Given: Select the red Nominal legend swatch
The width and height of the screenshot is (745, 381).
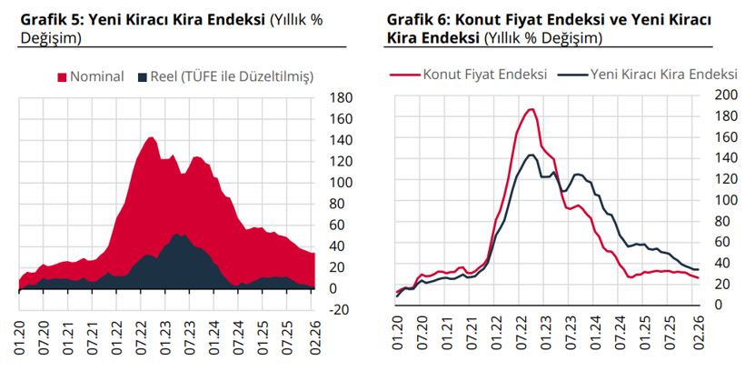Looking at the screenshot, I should (x=62, y=76).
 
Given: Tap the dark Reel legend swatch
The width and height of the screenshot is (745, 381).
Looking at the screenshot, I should (x=144, y=76).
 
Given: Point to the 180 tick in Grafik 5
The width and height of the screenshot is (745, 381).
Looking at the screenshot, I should (x=340, y=98).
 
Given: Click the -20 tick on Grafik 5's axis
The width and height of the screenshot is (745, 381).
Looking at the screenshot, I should (x=338, y=309).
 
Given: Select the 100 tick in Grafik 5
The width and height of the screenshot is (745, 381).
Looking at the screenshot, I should (x=340, y=183).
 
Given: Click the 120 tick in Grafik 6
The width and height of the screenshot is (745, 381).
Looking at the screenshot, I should (x=705, y=178).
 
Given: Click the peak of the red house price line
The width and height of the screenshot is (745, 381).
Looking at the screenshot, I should (x=531, y=109).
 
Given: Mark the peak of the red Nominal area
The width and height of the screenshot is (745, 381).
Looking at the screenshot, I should (x=151, y=137).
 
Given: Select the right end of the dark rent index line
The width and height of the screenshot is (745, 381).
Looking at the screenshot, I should (x=696, y=269).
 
